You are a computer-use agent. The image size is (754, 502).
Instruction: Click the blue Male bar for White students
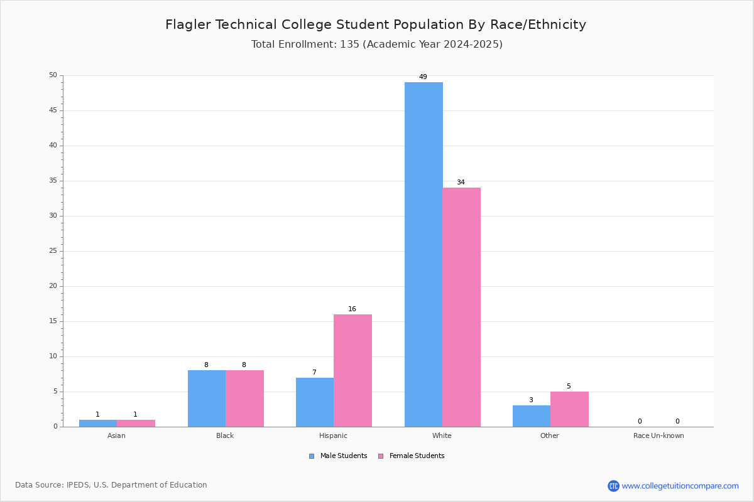pos(423,255)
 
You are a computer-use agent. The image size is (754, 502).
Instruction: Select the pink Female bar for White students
pos(461,307)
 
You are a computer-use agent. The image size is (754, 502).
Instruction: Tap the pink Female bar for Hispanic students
pos(352,370)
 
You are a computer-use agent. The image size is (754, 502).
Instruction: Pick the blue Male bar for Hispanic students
pos(315,402)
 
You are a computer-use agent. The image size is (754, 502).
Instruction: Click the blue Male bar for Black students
pos(207,398)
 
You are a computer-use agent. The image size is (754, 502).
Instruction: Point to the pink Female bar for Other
pos(569,409)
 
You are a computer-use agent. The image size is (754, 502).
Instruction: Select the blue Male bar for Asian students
pos(98,424)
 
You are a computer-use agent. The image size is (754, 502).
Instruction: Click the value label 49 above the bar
pos(423,77)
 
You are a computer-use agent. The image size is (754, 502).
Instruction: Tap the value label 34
pos(461,182)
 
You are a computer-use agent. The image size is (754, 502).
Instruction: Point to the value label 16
pos(352,309)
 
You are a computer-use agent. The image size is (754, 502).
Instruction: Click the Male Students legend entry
pos(338,456)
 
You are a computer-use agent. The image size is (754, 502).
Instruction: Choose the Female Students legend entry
pos(412,456)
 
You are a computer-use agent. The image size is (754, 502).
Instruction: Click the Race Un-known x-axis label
pos(658,435)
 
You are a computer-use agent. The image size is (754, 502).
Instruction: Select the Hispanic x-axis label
pos(333,435)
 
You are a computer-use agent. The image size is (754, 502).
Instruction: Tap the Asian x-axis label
pos(116,435)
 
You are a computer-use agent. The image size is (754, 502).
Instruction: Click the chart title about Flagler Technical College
pos(376,24)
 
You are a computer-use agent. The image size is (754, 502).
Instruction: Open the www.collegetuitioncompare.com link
pos(680,486)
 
